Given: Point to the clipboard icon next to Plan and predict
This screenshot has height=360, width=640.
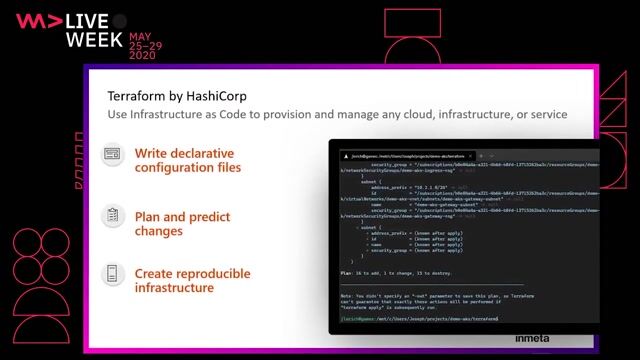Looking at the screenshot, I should pos(114,215).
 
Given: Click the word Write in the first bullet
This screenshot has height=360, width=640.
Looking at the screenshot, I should pos(151,153).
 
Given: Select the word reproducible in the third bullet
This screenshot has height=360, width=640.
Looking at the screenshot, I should pos(212,273).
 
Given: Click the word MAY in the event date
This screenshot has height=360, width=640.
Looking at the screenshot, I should pos(143,34).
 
